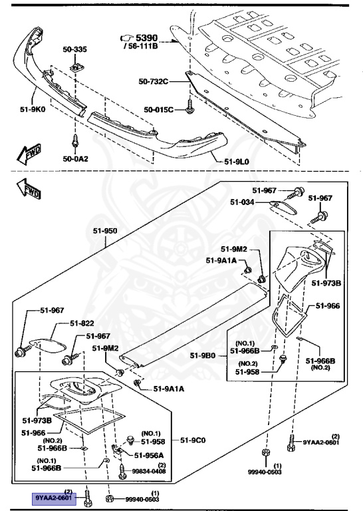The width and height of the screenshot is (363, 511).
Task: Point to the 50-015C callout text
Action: [x=158, y=108]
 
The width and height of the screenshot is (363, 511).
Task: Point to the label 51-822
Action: [x=82, y=325]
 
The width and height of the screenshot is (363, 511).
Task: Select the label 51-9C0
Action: [x=193, y=440]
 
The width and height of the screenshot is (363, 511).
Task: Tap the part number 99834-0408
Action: [x=150, y=470]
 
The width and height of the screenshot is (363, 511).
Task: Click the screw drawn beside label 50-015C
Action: [x=189, y=104]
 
